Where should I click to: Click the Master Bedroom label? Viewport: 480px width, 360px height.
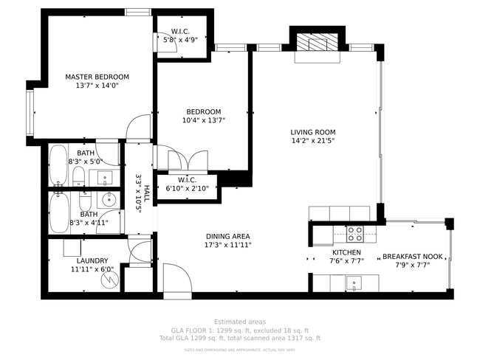97,77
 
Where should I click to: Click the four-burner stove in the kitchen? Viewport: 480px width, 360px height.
355,234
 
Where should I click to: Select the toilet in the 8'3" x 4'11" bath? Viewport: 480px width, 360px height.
85,203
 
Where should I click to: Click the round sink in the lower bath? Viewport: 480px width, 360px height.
109,198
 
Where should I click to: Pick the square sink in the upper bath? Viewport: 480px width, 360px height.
105,177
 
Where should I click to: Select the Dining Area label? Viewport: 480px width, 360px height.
227,236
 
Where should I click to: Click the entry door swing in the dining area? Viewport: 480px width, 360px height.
175,277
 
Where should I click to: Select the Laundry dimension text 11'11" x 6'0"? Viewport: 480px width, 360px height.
92,269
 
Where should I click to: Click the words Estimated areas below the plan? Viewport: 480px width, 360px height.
239,322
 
